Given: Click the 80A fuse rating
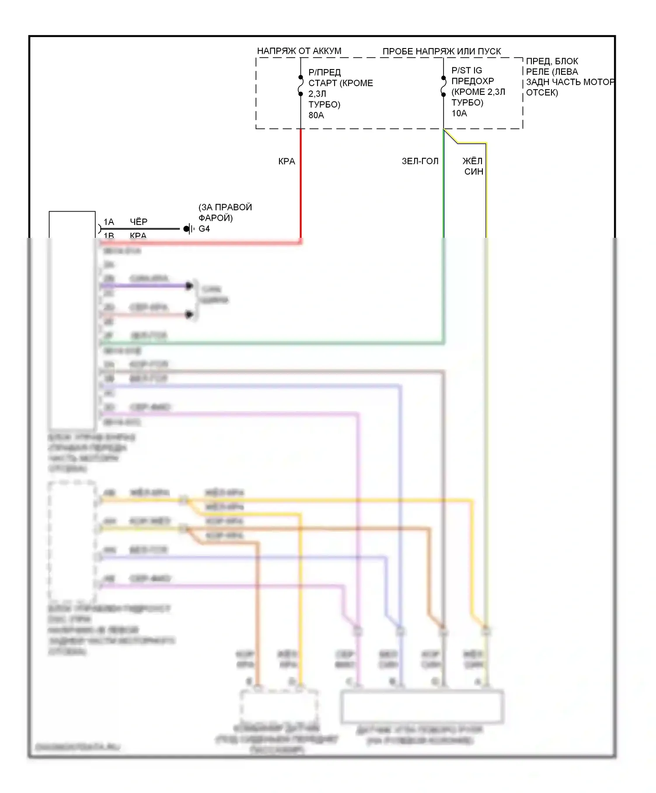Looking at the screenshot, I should coord(316,115).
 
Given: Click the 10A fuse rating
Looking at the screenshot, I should coord(459,113).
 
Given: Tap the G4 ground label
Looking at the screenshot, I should coord(204,229).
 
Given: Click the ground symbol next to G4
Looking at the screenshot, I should coord(188,229).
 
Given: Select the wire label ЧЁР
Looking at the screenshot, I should coord(139,222).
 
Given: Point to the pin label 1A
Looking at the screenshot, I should coord(108,222).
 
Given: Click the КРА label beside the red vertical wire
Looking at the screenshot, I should coord(286,161).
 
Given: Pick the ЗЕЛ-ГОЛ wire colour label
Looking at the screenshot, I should coord(420,161).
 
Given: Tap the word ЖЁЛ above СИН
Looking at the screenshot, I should coord(472,161).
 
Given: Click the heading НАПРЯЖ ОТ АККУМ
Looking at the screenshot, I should coord(299,51).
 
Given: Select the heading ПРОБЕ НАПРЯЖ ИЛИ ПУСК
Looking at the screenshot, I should coord(442,51).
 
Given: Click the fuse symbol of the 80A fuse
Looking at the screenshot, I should coord(301,86).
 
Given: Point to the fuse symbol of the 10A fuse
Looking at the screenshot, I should coord(443,86).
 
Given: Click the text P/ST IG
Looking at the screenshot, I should coord(467,70).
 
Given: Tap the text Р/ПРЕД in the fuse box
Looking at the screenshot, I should coord(325,72).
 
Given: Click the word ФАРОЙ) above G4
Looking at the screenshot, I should coord(216,218).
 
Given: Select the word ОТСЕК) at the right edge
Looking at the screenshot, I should coord(542,92).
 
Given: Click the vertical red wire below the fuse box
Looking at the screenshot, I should coord(301,184).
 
